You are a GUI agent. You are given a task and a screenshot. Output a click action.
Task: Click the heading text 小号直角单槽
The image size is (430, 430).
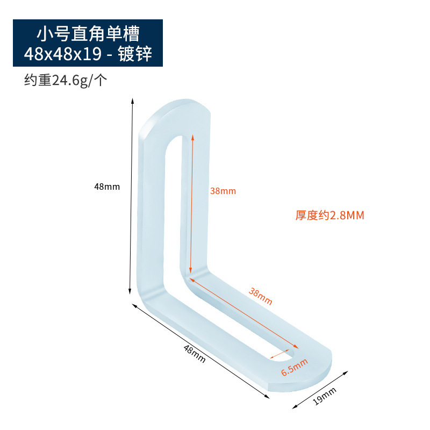pos(88,34)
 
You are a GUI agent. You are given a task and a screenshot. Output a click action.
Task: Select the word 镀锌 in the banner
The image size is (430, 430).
pos(135,54)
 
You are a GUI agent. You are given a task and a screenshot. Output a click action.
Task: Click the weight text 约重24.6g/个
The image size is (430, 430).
pos(66,81)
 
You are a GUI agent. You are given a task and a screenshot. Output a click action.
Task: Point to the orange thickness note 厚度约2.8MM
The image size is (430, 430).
pos(329,216)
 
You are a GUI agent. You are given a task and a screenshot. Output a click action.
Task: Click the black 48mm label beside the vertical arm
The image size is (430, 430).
pos(107,187)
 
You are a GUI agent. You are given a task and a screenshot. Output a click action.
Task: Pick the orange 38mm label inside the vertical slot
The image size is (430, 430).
pos(223,191)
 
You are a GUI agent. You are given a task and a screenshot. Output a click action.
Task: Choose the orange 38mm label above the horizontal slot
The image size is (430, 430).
pos(260,296)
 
